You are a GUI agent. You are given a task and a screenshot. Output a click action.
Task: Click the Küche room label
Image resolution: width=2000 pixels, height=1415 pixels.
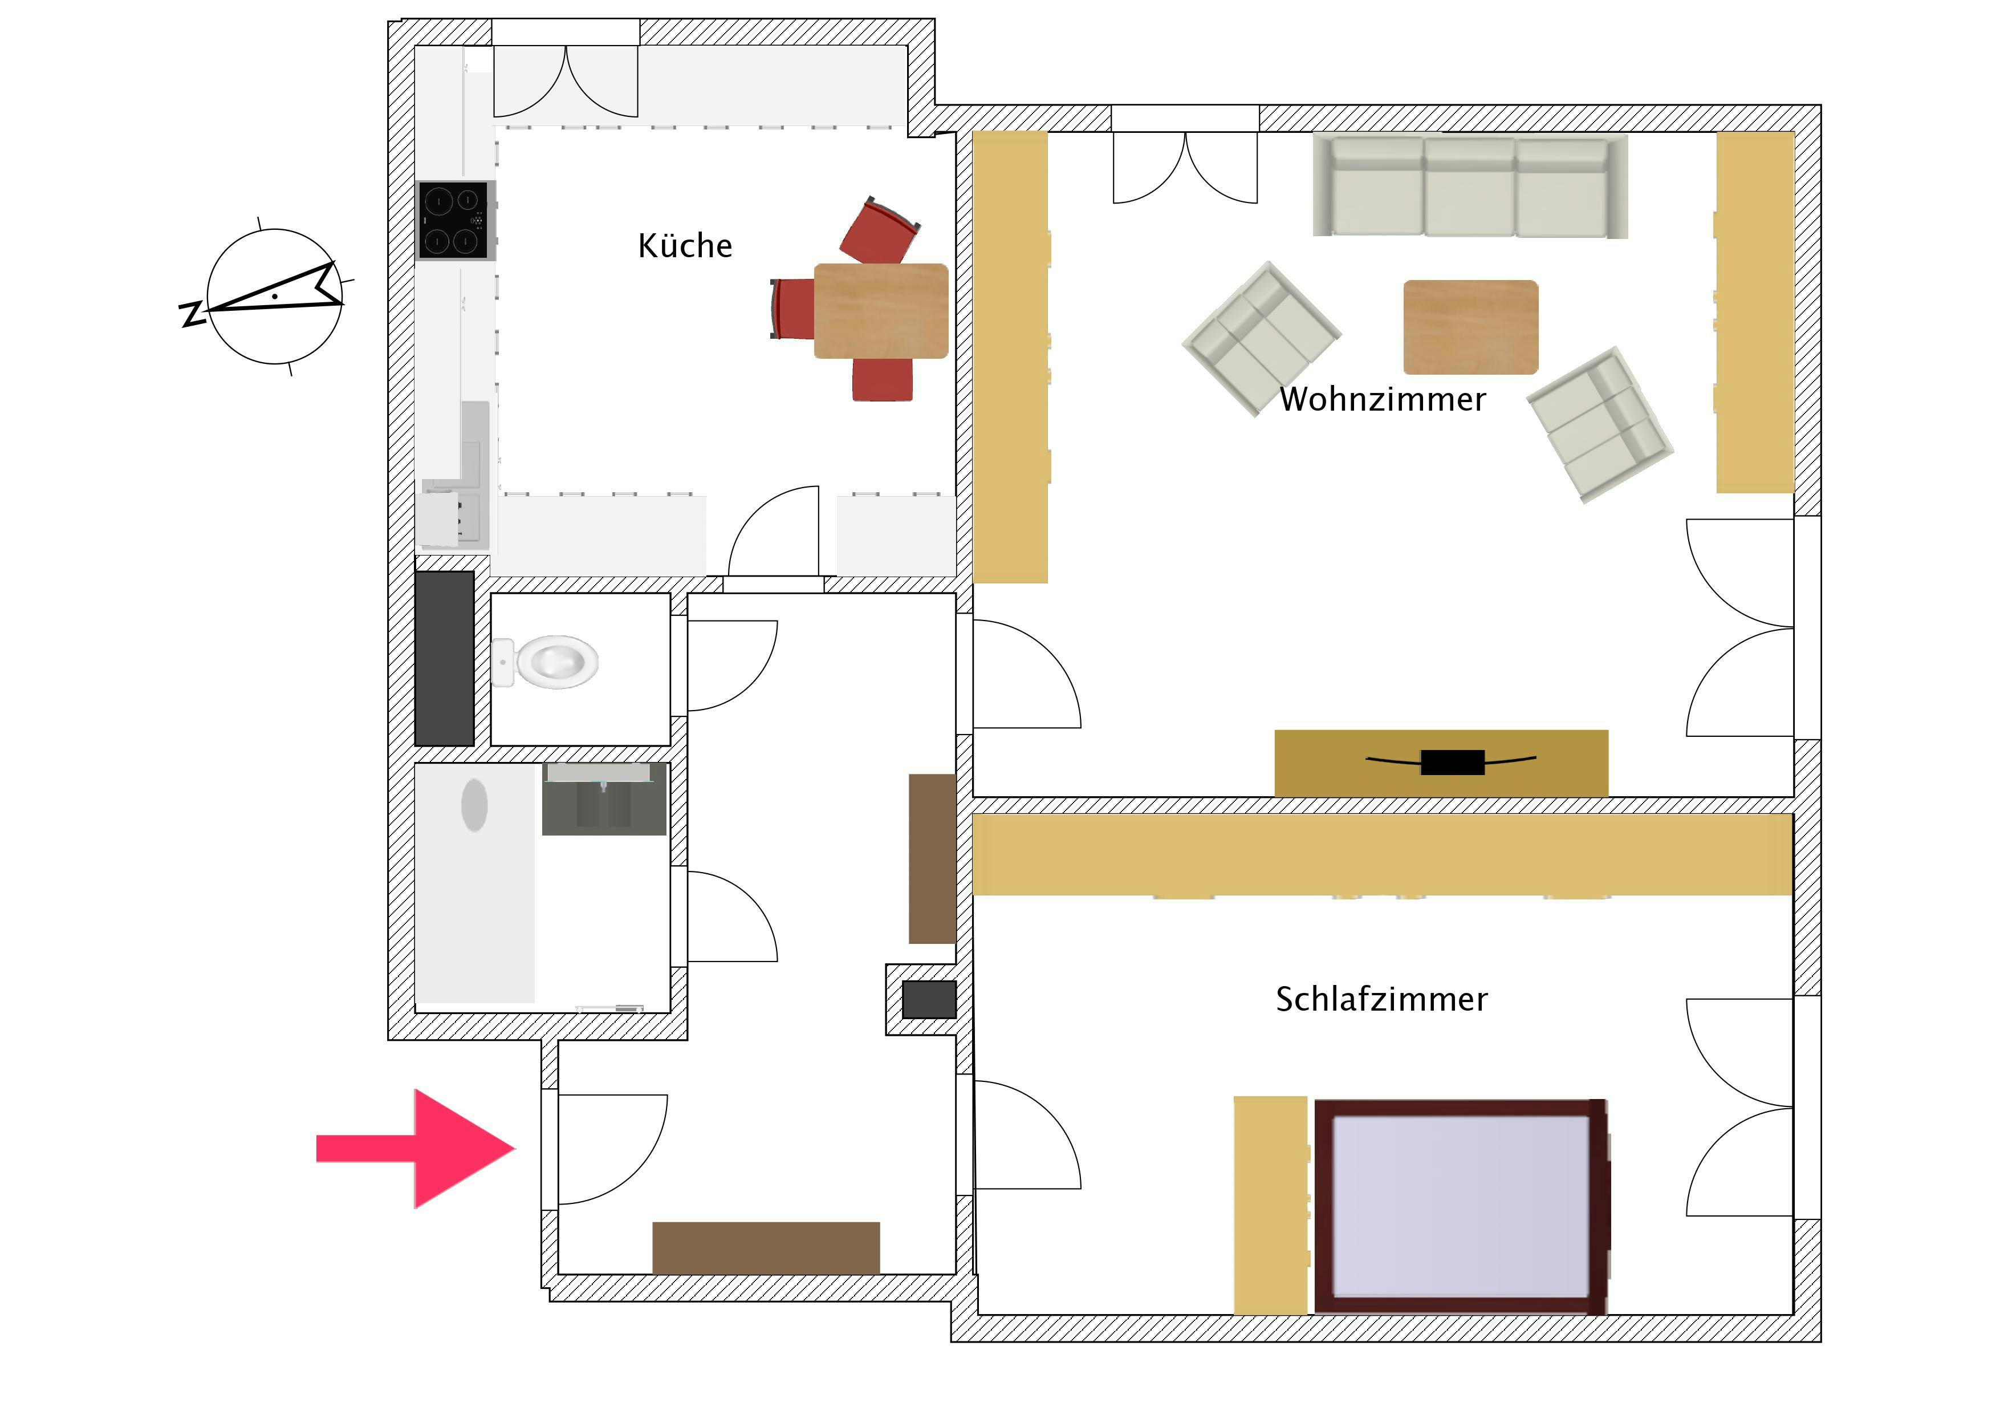coord(685,246)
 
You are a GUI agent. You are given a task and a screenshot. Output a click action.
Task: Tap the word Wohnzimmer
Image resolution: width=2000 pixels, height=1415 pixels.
coord(1383,399)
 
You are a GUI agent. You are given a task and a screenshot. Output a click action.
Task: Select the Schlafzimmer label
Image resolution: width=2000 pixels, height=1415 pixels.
coord(1381,999)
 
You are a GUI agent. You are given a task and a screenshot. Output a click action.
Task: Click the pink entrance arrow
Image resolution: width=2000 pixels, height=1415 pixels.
coord(416,1149)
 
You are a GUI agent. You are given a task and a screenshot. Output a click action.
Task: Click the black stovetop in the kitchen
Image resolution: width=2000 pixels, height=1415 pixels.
coord(456,221)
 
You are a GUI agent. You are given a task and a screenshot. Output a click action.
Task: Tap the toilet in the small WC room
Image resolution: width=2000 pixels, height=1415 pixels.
coord(545,662)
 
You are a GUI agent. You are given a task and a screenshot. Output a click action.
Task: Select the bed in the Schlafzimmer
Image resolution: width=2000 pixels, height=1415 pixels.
coord(1461,1207)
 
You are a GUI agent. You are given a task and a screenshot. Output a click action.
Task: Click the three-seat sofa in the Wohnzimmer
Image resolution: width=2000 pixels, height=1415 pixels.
coord(1470,185)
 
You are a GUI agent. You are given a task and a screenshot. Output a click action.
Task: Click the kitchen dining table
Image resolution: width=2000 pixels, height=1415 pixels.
coord(881,311)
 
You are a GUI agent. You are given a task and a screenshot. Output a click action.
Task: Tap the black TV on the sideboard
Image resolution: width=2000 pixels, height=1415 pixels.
coord(1452,761)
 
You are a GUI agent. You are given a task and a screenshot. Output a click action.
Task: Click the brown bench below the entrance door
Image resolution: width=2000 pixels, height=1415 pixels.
coord(766,1248)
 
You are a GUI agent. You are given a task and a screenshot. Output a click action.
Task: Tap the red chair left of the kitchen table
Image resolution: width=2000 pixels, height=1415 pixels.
coord(792,309)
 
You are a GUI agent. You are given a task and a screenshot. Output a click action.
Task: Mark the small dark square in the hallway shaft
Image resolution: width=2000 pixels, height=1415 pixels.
coord(929,999)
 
